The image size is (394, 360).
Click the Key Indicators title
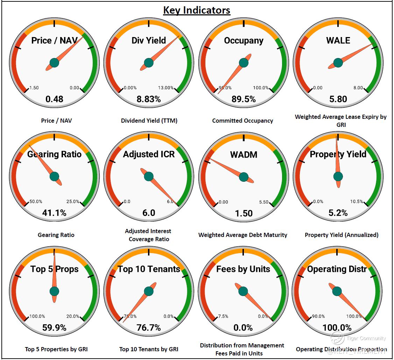(197, 10)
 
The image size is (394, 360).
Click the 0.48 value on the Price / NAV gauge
(54, 99)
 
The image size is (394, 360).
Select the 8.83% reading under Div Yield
(149, 99)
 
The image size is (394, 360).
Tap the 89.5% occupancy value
(244, 99)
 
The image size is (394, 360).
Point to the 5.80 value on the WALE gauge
(338, 99)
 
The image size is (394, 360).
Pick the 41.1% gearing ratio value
(54, 213)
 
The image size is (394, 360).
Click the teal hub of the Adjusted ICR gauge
(149, 177)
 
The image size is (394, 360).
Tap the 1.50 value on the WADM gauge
(244, 213)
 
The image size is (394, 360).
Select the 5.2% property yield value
(338, 213)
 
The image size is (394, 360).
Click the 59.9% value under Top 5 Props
(54, 327)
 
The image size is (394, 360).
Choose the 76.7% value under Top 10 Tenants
(149, 327)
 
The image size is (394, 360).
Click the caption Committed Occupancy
(242, 121)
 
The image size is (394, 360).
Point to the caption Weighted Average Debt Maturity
(243, 235)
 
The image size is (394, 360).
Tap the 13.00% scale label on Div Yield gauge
(166, 88)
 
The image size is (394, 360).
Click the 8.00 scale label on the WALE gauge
(358, 88)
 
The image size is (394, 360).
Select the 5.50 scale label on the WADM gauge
(263, 202)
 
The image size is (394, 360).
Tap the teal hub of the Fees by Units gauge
(243, 291)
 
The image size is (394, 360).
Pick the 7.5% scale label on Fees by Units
(223, 316)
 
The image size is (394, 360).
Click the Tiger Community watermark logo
(338, 338)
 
